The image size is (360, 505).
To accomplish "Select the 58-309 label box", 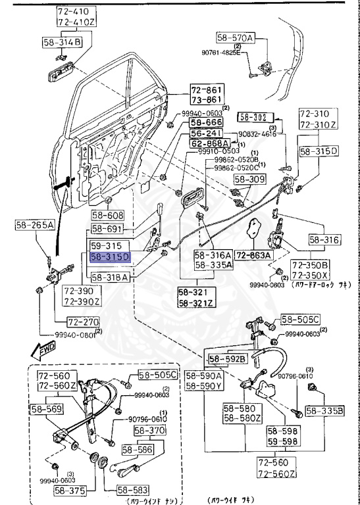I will (249, 178).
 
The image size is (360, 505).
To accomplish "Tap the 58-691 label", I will (107, 229).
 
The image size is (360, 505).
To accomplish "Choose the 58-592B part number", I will (228, 358).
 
